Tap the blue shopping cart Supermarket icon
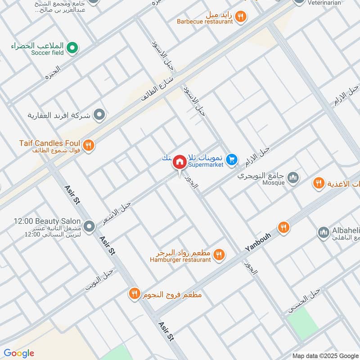(232, 159)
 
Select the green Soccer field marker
(72, 46)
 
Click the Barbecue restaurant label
(205, 21)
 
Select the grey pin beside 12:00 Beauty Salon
(89, 225)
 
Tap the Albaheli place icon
(323, 232)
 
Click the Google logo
(18, 353)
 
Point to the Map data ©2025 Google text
(324, 355)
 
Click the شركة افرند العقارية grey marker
(99, 115)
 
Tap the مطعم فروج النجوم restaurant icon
(135, 294)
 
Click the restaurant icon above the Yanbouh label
(283, 227)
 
